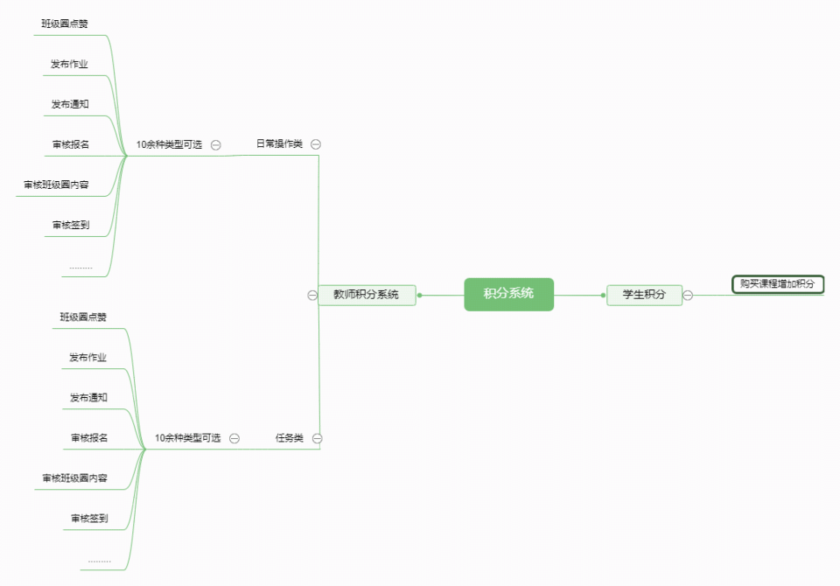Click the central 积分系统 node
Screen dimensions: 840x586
click(509, 294)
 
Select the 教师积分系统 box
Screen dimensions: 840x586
click(367, 295)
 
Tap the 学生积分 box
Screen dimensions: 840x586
click(645, 295)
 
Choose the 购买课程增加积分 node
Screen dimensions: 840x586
click(778, 284)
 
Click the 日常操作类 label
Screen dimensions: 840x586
click(279, 143)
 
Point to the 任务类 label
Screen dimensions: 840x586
click(290, 437)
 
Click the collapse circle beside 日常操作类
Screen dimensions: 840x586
click(316, 144)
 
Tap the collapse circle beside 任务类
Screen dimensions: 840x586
click(317, 438)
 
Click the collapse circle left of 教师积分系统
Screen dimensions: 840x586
click(312, 295)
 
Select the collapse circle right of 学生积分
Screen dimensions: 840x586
click(688, 295)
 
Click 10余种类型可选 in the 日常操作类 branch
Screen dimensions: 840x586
click(169, 144)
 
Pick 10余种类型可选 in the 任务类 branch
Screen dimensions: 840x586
click(188, 438)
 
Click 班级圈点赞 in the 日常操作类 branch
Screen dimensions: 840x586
click(65, 24)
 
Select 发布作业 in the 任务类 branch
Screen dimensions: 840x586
click(87, 357)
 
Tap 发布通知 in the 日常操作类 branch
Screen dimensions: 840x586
click(70, 104)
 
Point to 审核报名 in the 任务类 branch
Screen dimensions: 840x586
click(89, 437)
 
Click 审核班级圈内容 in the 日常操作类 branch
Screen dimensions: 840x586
click(56, 185)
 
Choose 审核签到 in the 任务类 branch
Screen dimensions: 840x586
click(89, 518)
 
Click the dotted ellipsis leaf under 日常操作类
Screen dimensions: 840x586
click(80, 268)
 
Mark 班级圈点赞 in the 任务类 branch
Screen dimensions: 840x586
click(83, 317)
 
